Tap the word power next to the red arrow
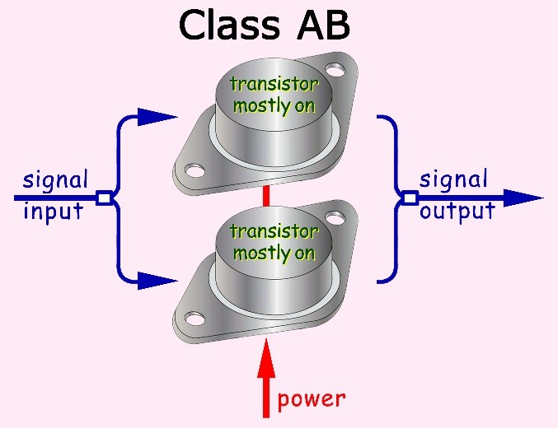311,400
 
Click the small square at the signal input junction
104,198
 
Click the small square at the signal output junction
410,198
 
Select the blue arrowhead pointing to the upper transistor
157,117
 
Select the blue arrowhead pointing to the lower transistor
157,281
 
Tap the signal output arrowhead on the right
523,198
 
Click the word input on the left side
54,212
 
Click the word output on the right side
457,212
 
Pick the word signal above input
55,179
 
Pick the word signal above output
454,179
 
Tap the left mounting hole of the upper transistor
195,171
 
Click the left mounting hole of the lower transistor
195,317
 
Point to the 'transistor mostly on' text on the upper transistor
272,95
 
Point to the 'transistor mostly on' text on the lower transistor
272,242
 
